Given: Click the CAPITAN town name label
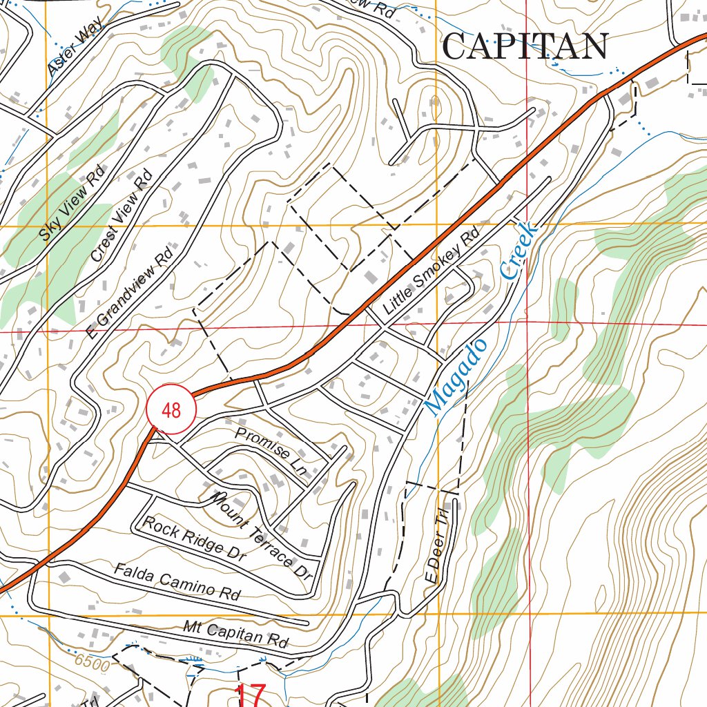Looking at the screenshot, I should pos(525,47).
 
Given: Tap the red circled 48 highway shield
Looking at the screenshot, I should pos(171,410).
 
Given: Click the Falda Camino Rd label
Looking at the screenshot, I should pos(177,581).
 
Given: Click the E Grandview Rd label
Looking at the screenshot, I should pos(130,290).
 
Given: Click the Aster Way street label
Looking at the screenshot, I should pos(75,48).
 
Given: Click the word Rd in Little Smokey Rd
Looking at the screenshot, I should pos(471,238).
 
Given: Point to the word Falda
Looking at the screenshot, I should pos(132,572).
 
